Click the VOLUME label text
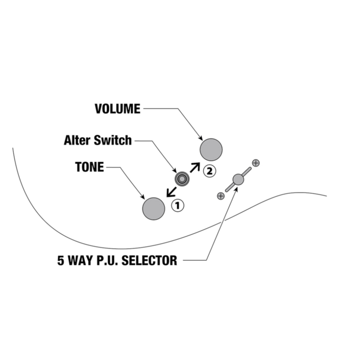click(x=117, y=109)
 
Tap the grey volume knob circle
click(x=211, y=150)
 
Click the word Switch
click(x=112, y=140)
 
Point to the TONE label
click(x=90, y=167)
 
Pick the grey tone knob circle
click(x=153, y=209)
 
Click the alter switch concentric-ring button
click(x=182, y=179)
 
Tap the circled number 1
click(x=178, y=205)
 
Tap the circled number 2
click(x=209, y=171)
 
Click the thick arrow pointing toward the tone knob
click(x=171, y=192)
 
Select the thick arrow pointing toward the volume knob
click(x=195, y=167)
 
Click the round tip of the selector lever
click(x=238, y=179)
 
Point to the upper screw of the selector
click(x=256, y=163)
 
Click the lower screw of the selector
click(x=220, y=196)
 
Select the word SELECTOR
click(x=149, y=260)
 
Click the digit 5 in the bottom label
click(x=60, y=260)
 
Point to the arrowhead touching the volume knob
click(x=200, y=138)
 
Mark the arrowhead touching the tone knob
click(x=142, y=197)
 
